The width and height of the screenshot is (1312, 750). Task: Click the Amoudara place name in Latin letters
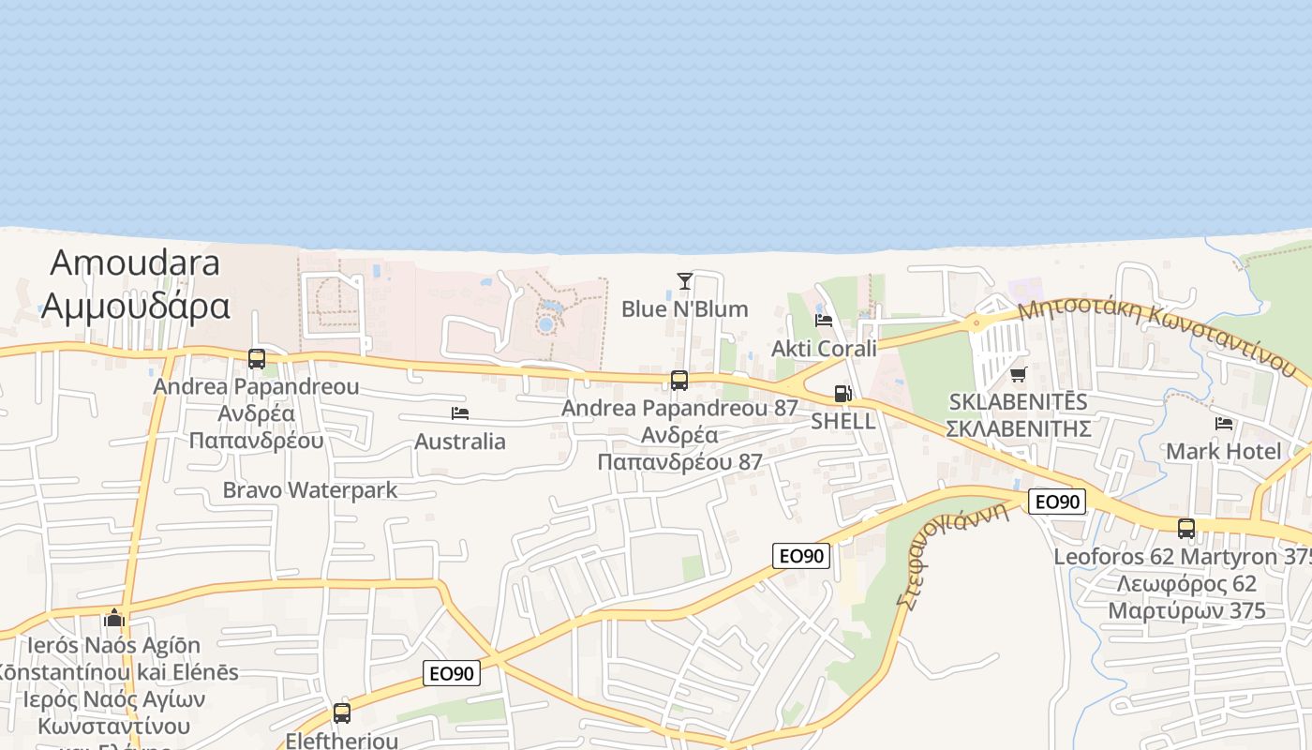pyautogui.click(x=135, y=262)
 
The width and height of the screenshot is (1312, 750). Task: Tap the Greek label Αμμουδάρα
pyautogui.click(x=136, y=306)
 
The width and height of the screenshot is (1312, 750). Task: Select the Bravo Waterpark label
pyautogui.click(x=309, y=490)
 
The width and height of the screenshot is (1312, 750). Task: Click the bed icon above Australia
pyautogui.click(x=459, y=413)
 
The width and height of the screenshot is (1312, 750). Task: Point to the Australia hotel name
pyautogui.click(x=459, y=442)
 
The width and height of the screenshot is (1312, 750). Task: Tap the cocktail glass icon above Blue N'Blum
pyautogui.click(x=685, y=281)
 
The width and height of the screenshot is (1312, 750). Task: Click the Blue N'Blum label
pyautogui.click(x=685, y=309)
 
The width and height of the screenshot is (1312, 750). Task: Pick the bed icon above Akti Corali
pyautogui.click(x=824, y=321)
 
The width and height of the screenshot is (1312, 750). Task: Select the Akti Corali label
pyautogui.click(x=824, y=349)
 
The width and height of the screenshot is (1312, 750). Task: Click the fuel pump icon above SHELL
pyautogui.click(x=842, y=395)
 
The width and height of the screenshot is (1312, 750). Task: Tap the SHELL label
pyautogui.click(x=842, y=422)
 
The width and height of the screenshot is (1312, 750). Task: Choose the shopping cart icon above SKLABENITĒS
pyautogui.click(x=1019, y=375)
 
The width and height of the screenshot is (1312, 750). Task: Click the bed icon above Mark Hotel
pyautogui.click(x=1223, y=424)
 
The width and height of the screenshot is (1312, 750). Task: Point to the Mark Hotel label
pyautogui.click(x=1223, y=452)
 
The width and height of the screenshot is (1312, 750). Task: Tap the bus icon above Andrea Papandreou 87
pyautogui.click(x=679, y=381)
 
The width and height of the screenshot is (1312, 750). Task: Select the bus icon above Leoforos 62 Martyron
pyautogui.click(x=1186, y=529)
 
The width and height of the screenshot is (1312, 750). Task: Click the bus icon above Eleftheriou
pyautogui.click(x=342, y=713)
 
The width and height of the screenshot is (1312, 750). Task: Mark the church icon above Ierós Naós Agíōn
pyautogui.click(x=114, y=618)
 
